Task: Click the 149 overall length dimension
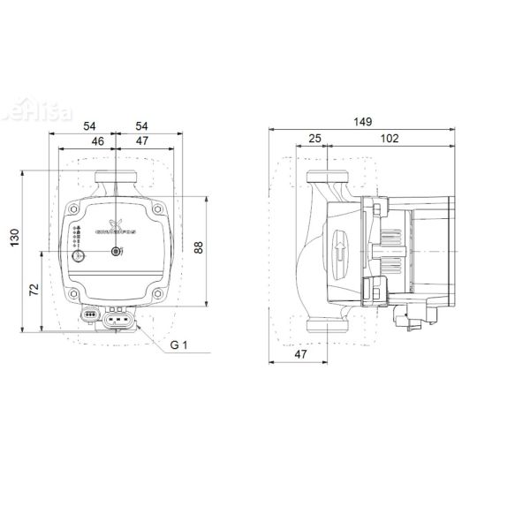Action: point(361,121)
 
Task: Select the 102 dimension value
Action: point(390,139)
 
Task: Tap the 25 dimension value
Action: point(315,139)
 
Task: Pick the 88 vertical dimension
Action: point(199,248)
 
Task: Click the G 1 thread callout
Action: point(179,345)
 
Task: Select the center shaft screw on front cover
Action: point(117,254)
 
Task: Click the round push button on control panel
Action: point(79,257)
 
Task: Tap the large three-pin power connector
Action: point(117,320)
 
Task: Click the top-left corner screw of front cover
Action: point(74,210)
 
